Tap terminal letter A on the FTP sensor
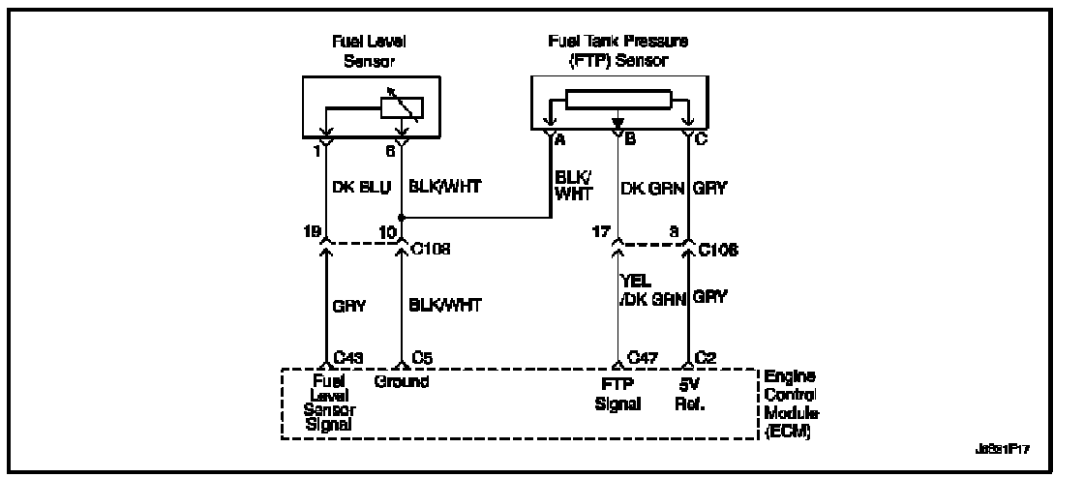(x=558, y=140)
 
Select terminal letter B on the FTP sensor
(x=629, y=140)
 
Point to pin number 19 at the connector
(x=313, y=231)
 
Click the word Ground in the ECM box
(x=402, y=382)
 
